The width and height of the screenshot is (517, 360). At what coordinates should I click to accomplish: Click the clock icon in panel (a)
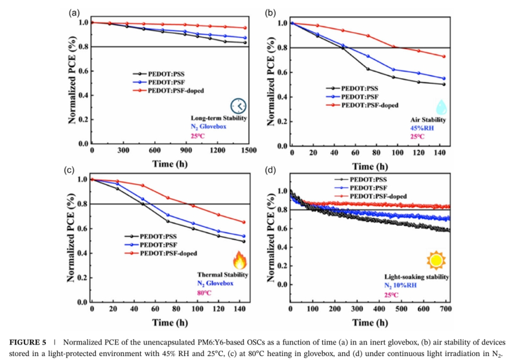coord(238,106)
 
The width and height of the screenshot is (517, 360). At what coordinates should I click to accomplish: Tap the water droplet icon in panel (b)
coord(441,107)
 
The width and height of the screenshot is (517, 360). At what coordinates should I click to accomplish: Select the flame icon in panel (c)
coord(240,262)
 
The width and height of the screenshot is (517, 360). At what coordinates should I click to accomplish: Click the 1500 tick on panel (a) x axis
coord(248,150)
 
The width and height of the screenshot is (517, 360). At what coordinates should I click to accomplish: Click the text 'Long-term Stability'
coord(219,118)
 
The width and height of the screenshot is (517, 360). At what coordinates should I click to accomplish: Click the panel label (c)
coord(70,170)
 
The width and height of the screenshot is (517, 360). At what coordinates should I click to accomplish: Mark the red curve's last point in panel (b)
coord(443,56)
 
